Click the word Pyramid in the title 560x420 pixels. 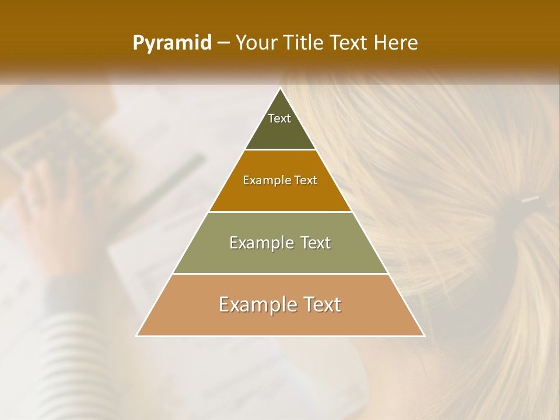click(x=171, y=43)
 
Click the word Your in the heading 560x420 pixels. click(x=256, y=43)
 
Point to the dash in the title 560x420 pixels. click(x=223, y=43)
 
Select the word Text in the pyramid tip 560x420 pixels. click(x=279, y=118)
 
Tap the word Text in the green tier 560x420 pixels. click(x=313, y=243)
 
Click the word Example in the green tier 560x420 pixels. click(x=261, y=243)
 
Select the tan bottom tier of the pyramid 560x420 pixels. click(x=280, y=321)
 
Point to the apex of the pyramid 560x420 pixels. click(x=281, y=89)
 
